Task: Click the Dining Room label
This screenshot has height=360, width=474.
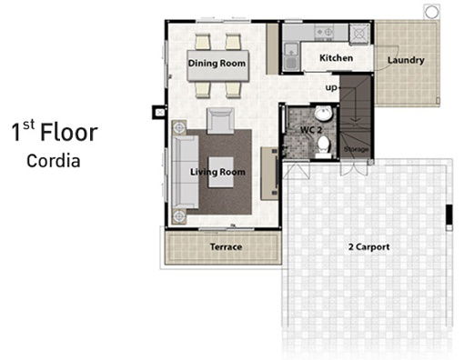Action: coord(217,64)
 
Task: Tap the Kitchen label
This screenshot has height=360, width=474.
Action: coord(337,58)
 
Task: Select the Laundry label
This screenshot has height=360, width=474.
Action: coord(406,60)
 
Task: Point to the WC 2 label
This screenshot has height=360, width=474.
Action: coord(311,130)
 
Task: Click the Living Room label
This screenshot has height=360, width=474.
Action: coord(217,172)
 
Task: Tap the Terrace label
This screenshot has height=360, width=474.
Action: coord(226,247)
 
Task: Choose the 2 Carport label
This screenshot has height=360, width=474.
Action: coord(368,247)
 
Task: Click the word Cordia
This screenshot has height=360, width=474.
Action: coord(54,161)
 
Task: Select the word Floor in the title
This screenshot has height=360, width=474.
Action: coord(69,133)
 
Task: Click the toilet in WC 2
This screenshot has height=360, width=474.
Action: coord(323,146)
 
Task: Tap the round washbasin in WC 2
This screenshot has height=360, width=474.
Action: coord(323,114)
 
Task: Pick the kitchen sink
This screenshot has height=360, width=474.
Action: coord(291,57)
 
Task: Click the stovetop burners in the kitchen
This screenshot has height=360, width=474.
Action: coord(324,32)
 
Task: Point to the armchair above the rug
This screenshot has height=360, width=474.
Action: coord(220,121)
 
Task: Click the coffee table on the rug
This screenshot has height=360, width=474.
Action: coord(221,172)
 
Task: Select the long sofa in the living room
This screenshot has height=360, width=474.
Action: coord(186,172)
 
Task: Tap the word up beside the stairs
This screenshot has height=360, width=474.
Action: coord(331,88)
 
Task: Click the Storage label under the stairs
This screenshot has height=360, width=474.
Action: coord(357,149)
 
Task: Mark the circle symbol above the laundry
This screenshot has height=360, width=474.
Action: coord(431,12)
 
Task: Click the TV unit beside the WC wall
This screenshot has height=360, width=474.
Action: coord(270,174)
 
